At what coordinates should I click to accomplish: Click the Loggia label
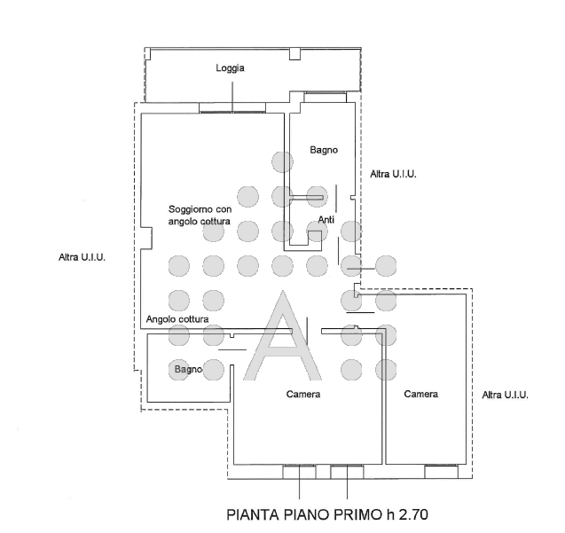coord(230,68)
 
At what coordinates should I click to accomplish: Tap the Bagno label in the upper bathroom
coord(324,150)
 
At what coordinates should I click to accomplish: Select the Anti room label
coord(326,219)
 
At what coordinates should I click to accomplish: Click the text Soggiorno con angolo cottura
coord(200,216)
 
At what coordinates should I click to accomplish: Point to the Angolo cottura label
coord(177,319)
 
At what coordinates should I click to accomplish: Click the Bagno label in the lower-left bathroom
coord(188,370)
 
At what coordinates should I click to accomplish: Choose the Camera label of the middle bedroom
coord(303,395)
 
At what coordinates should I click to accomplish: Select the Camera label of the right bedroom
coord(420,394)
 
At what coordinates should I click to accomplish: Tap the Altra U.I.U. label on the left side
coord(82,257)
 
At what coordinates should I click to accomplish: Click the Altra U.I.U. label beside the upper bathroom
coord(393,175)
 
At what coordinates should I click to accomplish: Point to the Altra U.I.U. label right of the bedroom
coord(506,395)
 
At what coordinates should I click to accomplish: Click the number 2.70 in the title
coord(413,514)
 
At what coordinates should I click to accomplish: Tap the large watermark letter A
coord(282,336)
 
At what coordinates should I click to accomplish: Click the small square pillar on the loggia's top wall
coord(294,54)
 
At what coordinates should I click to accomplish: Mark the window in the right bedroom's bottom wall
coord(442,472)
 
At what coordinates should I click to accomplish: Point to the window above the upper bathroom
coord(325,97)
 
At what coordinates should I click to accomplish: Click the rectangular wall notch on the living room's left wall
coord(146,238)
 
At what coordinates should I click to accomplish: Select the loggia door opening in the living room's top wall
coord(232,108)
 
